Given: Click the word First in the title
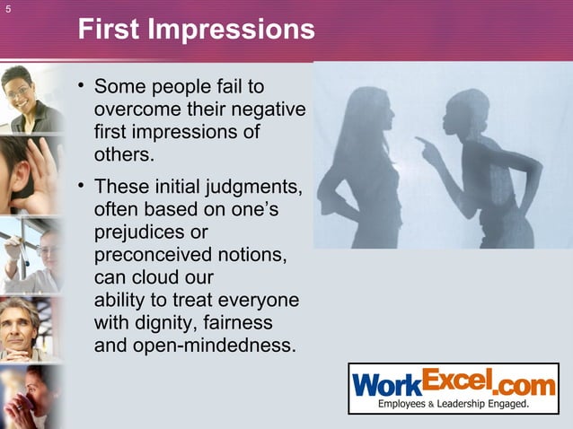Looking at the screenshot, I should click(x=111, y=31).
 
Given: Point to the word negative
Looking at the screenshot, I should click(x=270, y=110).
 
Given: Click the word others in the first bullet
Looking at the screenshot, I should click(x=122, y=154).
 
